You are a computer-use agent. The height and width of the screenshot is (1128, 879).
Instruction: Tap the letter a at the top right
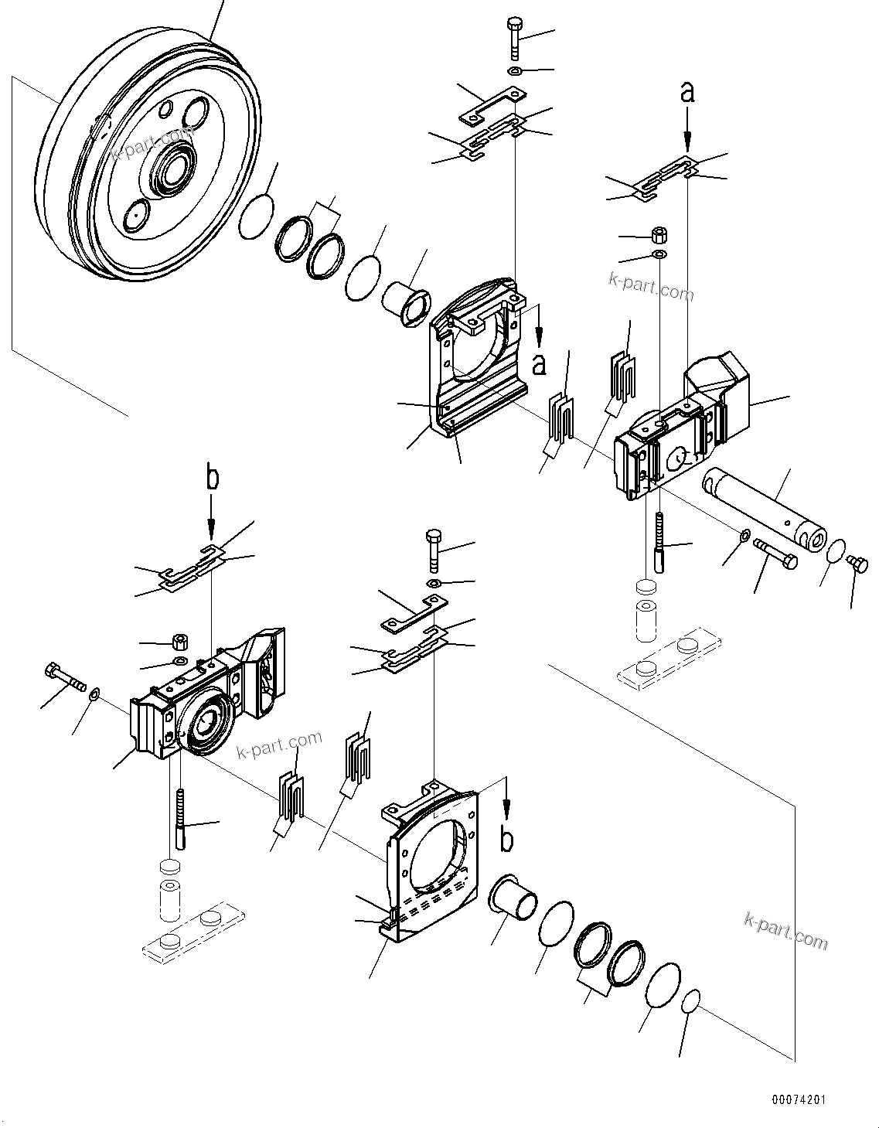[687, 93]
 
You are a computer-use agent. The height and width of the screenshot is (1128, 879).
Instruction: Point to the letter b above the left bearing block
[212, 478]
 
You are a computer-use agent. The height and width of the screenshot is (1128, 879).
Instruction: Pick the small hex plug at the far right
[854, 561]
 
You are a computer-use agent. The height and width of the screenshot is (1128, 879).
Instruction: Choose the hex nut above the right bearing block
[659, 233]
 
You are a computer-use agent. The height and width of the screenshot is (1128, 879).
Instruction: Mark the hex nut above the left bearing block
[180, 642]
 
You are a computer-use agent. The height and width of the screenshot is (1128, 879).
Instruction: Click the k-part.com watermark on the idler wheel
[152, 144]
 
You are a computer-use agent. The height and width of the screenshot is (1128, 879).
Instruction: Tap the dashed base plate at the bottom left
[188, 932]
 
